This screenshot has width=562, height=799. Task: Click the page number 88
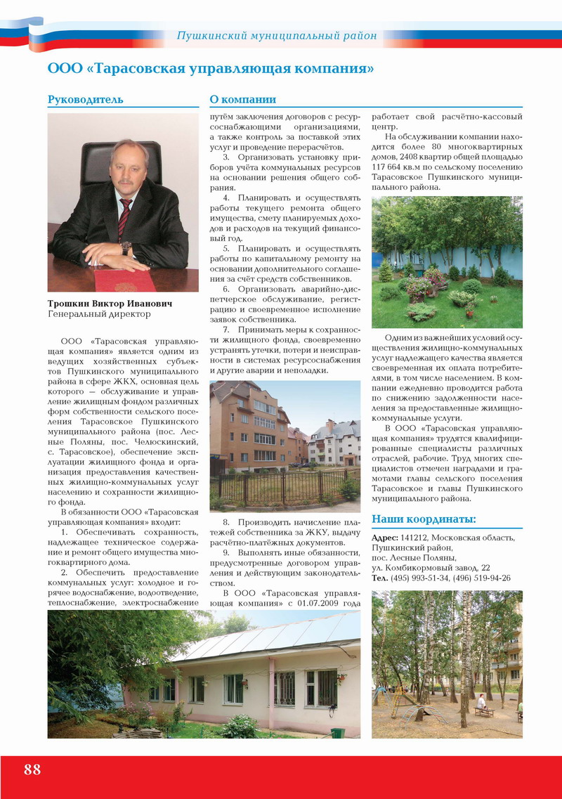32,769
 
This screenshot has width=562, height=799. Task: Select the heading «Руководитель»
85,99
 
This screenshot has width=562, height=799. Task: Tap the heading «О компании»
243,99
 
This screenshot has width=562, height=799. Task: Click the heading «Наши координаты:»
424,519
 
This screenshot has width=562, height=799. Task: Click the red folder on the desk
126,280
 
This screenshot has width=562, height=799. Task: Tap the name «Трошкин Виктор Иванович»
110,304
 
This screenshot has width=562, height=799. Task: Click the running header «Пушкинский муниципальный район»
276,35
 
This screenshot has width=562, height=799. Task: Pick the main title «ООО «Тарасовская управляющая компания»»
210,69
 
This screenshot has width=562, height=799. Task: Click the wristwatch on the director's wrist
126,247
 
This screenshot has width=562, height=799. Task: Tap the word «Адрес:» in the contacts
385,538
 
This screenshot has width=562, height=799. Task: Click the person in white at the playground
481,701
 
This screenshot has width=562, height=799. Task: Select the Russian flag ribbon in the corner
21,32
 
